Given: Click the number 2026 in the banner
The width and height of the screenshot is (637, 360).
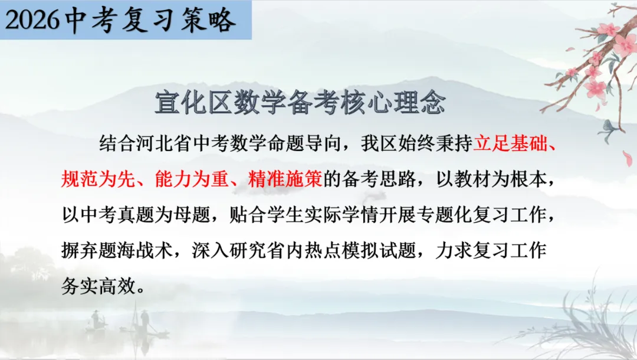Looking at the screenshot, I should [x=33, y=21].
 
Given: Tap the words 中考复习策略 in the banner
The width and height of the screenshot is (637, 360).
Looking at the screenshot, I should [x=151, y=21].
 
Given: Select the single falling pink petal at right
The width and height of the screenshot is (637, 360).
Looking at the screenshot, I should [x=627, y=158].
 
